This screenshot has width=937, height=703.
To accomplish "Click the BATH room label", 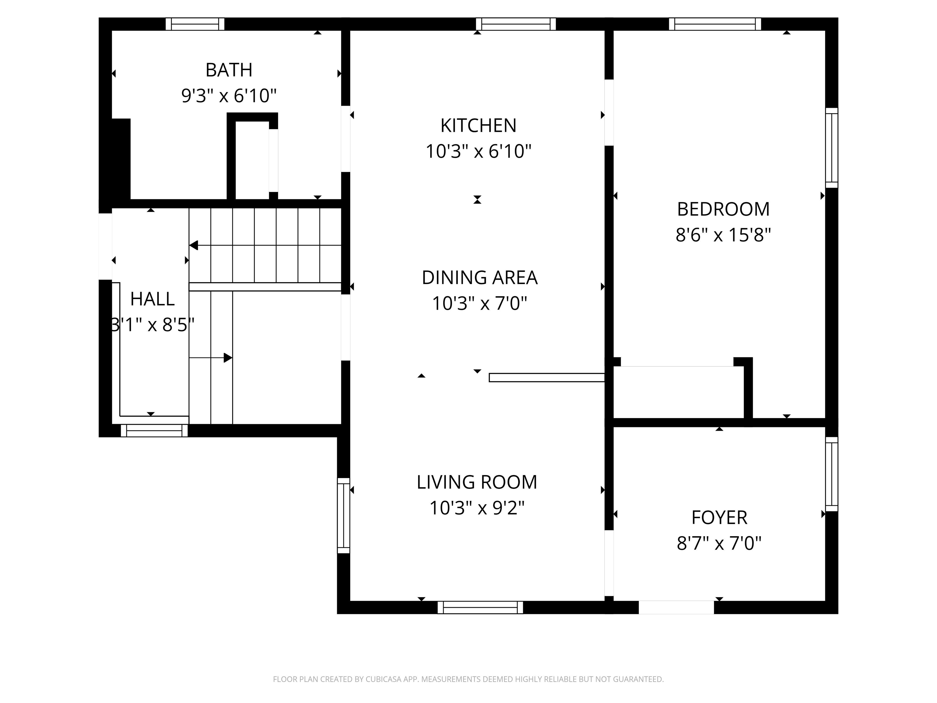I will pos(229,70).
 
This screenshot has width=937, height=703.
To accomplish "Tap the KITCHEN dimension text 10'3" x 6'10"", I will pos(478,151).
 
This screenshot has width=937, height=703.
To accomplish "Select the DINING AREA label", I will pos(479,278).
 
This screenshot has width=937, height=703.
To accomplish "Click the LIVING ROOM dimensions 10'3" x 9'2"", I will pos(477,508).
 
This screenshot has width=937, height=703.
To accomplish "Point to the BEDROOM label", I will pos(723,209).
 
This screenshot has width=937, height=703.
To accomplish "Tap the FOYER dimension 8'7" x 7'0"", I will pos(719,543).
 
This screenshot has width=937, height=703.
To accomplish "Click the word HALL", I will pos(152,299).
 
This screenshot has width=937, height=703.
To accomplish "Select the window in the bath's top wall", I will pos(195,24).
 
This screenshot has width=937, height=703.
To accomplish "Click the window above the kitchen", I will pos(515,24).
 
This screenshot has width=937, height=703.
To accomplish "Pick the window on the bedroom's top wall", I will pos(715,24).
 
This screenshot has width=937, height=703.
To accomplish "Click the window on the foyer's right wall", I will pos(831,474).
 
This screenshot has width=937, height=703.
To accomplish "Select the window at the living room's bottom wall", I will pos(480,607).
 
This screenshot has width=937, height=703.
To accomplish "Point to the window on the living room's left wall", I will pos(343,515).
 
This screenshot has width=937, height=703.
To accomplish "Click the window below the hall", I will pos(154,431).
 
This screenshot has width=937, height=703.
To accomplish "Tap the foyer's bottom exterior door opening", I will pos(676,607).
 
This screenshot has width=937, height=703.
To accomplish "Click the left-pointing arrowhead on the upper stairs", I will pos(194,245).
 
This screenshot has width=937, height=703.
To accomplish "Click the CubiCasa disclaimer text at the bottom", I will pos(468,679).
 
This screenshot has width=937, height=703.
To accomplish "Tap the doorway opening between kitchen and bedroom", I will pos(609,113).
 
